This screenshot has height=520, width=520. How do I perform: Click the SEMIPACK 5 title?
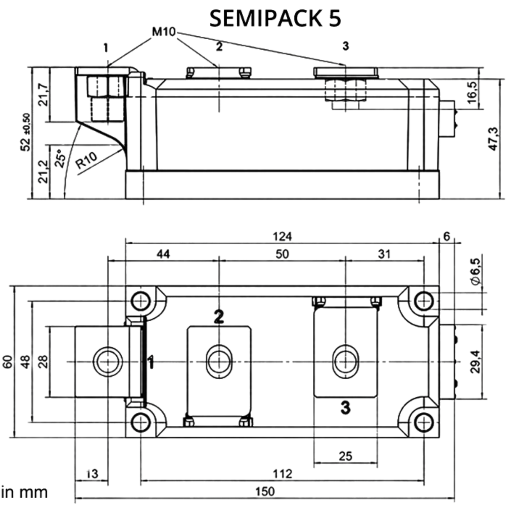point(275,18)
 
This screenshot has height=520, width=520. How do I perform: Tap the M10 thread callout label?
point(164,32)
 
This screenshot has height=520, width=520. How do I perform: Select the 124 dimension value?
point(282,236)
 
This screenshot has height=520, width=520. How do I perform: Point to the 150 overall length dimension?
point(265,492)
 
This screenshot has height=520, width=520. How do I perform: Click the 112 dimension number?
point(282,474)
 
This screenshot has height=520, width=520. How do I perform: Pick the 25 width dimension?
point(345,456)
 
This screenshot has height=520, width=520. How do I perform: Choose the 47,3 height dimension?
point(494,139)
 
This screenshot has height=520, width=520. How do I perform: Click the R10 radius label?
point(86,160)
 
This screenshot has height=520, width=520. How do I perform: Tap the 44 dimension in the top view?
point(163,254)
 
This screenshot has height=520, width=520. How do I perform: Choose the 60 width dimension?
point(8,362)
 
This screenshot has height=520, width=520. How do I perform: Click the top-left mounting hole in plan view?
point(141,300)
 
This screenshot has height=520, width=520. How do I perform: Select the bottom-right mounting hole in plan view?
point(424,423)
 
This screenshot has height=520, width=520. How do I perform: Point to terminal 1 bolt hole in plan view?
point(108,362)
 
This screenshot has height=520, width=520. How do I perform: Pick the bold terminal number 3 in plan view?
point(346,407)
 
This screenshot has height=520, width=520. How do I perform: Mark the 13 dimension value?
point(92,474)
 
